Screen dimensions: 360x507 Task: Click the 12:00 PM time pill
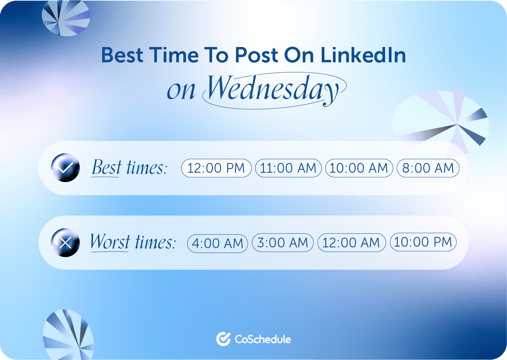(x=216, y=168)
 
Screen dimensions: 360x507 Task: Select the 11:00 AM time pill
(x=288, y=168)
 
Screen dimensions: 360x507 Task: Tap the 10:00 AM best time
(x=359, y=168)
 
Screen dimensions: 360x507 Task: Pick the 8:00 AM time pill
(x=428, y=168)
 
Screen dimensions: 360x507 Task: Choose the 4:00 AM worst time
(x=217, y=244)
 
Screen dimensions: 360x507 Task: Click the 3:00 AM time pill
(x=283, y=243)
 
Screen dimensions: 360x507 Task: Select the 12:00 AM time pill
(x=351, y=243)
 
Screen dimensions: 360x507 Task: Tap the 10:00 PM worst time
(x=423, y=242)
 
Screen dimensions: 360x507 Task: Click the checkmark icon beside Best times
(x=65, y=168)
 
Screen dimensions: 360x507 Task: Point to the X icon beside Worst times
(x=65, y=243)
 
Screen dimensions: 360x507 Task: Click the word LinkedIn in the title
(x=363, y=55)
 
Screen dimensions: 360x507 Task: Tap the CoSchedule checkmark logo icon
(x=223, y=339)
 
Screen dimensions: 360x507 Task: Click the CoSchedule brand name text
(x=263, y=339)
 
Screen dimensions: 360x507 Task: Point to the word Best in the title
(x=122, y=55)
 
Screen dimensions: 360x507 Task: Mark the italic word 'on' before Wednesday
(x=181, y=91)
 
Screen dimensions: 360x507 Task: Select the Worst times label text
(x=133, y=242)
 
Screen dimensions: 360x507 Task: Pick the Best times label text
(x=129, y=168)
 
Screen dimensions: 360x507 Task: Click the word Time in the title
(x=174, y=55)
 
